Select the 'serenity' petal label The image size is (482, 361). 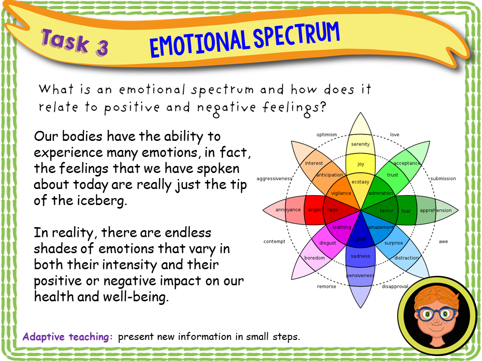point(360,144)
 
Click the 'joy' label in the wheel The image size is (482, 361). point(360,164)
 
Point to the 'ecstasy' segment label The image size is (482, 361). point(360,182)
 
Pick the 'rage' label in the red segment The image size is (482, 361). point(332,210)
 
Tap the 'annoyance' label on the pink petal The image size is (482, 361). point(289,210)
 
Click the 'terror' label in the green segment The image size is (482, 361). point(386,211)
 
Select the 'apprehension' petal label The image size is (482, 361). point(435,210)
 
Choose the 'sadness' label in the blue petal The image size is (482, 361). point(360,256)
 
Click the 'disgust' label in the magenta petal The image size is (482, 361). point(328,243)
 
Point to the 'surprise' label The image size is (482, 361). point(394,243)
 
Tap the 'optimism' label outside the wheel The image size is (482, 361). point(326,134)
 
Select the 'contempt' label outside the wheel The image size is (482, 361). point(274,242)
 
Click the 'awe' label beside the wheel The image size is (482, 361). point(443,242)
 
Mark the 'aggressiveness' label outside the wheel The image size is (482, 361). point(274,178)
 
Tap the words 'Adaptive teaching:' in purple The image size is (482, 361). point(68,336)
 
